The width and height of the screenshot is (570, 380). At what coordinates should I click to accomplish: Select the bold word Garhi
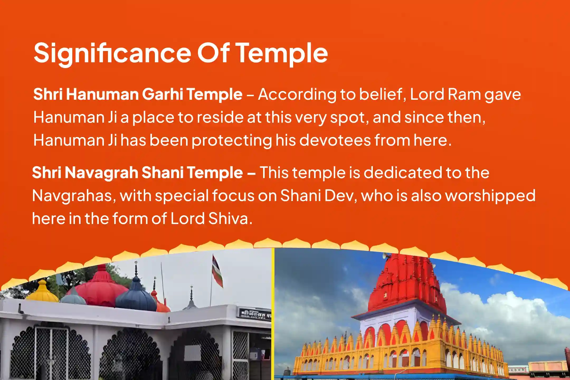[x=163, y=94]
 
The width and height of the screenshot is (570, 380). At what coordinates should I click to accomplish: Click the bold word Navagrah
[x=101, y=173]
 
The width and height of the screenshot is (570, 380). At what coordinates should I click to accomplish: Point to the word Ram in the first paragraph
[x=464, y=94]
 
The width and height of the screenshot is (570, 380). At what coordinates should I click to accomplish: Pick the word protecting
[x=231, y=140]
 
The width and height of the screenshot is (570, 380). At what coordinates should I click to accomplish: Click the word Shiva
[x=229, y=219]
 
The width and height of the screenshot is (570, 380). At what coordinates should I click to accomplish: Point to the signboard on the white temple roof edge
[x=255, y=313]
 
